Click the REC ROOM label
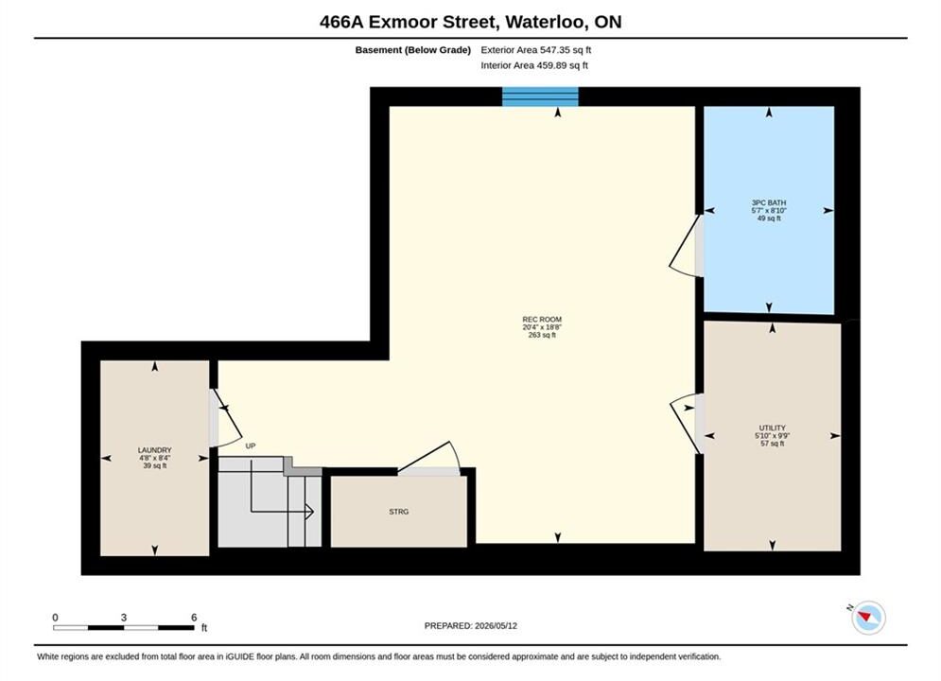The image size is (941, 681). (542, 320)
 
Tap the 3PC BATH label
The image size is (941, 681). (769, 202)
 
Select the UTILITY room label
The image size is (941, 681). (773, 428)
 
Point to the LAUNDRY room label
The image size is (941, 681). (155, 450)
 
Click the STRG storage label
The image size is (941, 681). (399, 512)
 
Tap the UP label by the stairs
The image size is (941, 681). (251, 446)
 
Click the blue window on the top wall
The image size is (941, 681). (540, 96)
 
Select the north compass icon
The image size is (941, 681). (868, 618)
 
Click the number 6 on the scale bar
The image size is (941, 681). (194, 618)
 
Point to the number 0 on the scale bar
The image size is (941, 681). (55, 618)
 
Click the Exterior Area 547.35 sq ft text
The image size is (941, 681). (536, 50)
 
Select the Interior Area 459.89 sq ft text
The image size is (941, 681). (534, 65)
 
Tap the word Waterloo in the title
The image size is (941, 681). (546, 22)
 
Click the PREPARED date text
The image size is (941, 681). (471, 626)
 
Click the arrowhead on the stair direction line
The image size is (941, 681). (309, 512)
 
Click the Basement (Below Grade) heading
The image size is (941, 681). (413, 50)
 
